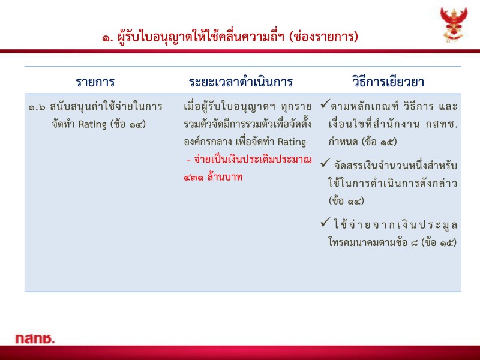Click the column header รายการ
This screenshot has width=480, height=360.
click(x=95, y=81)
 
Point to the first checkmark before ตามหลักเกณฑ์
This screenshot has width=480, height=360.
click(x=324, y=106)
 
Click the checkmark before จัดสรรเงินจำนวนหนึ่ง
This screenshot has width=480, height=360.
click(x=324, y=163)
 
